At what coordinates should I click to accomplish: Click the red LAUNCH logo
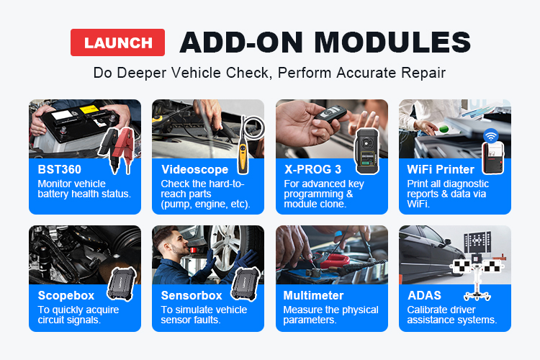[x=118, y=42]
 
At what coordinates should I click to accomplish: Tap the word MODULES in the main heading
[x=392, y=42]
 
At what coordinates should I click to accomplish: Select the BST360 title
[x=60, y=169]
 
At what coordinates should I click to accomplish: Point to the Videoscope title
[x=194, y=169]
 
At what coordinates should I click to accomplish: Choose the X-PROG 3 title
[x=312, y=169]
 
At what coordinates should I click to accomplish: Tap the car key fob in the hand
[x=330, y=115]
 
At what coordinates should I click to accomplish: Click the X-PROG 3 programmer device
[x=366, y=151]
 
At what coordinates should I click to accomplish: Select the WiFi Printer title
[x=441, y=169]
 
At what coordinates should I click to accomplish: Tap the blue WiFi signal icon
[x=491, y=136]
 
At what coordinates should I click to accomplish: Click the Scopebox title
[x=66, y=296]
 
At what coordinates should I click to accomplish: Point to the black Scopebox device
[x=122, y=284]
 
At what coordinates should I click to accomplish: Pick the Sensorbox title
[x=192, y=296]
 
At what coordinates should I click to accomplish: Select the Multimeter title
[x=313, y=296]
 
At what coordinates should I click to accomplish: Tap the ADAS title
[x=424, y=296]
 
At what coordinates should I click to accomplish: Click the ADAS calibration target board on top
[x=477, y=242]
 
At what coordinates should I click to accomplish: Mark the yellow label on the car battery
[x=89, y=110]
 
